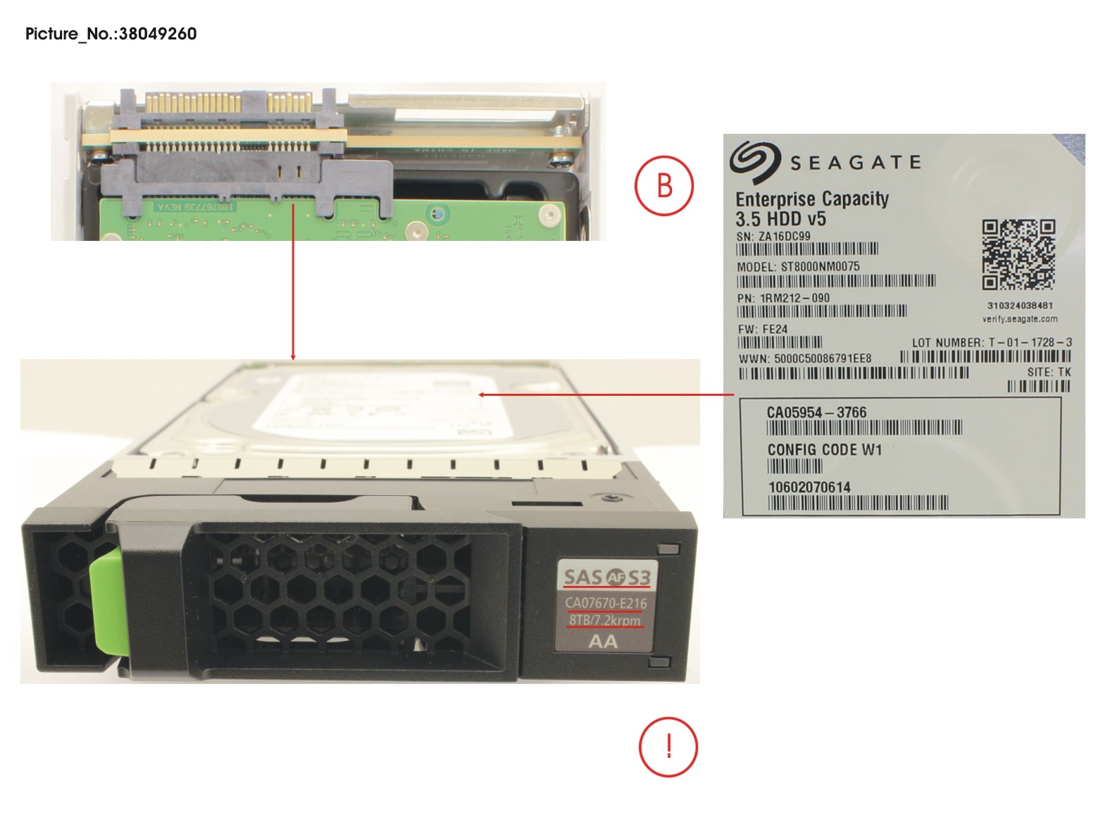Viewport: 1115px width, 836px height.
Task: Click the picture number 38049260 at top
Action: [x=157, y=34]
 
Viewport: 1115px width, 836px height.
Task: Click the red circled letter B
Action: [x=664, y=186]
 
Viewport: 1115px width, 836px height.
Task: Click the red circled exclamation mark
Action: [x=668, y=747]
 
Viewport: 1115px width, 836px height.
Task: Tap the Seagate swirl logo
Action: [x=754, y=161]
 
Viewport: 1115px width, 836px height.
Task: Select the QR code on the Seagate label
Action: [x=1019, y=255]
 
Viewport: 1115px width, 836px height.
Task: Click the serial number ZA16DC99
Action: [x=783, y=237]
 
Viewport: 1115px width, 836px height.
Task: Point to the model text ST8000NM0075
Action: [x=820, y=267]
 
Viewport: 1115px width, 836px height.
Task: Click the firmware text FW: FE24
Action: [x=762, y=329]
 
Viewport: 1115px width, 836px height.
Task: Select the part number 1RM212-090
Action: [x=794, y=298]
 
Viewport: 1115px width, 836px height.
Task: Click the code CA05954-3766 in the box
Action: [x=816, y=413]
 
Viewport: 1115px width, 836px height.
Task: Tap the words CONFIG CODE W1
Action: [x=824, y=449]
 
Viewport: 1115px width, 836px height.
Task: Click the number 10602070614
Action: [x=809, y=487]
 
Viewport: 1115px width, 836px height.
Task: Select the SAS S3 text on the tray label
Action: [x=606, y=578]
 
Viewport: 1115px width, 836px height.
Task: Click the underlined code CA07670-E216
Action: [x=606, y=603]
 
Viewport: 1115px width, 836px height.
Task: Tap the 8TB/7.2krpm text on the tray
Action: [x=605, y=620]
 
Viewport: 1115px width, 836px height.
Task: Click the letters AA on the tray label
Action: [x=603, y=642]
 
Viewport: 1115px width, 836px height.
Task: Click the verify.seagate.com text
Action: [x=1019, y=319]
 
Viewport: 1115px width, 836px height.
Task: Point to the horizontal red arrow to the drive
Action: [x=606, y=394]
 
